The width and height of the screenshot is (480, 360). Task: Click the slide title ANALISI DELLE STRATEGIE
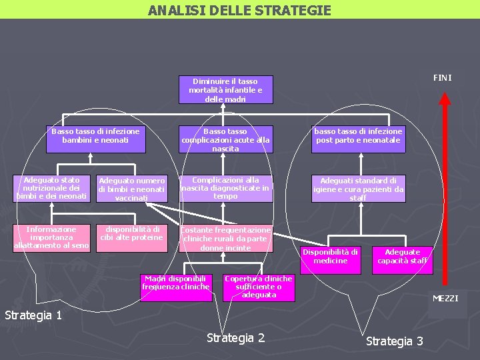point(239,10)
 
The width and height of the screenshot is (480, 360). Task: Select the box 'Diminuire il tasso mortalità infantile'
point(225,90)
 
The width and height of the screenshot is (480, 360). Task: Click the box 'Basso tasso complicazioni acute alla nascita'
point(225,140)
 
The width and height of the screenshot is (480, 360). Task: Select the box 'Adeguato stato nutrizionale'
point(51,188)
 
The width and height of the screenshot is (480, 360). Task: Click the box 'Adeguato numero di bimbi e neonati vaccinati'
point(132,189)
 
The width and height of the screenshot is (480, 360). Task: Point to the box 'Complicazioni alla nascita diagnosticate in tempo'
point(225,189)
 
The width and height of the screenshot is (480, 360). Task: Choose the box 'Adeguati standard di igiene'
point(359,189)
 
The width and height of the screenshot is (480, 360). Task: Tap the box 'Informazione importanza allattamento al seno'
point(51,237)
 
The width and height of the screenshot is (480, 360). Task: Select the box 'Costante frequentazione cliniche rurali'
point(225,239)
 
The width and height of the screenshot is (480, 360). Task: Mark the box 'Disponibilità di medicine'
point(330,257)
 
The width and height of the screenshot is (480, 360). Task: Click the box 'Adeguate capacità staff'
point(403,257)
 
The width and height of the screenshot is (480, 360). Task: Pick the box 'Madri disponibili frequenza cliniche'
point(176,283)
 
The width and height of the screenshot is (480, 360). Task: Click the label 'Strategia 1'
point(33,315)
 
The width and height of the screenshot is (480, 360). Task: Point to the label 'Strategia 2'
point(235,338)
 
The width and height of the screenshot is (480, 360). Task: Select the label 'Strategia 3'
point(395,341)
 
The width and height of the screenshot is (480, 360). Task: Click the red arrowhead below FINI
point(446,97)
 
